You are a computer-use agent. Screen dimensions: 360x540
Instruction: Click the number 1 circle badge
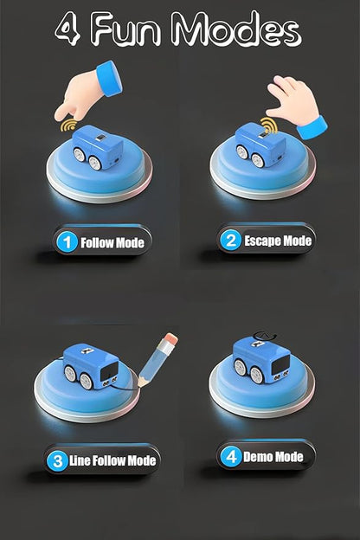pyautogui.click(x=67, y=242)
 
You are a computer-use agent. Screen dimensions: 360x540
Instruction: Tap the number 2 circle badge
pyautogui.click(x=230, y=240)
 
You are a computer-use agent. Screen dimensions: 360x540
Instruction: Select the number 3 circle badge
pyautogui.click(x=57, y=460)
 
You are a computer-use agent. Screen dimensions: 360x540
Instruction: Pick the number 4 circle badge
pyautogui.click(x=231, y=457)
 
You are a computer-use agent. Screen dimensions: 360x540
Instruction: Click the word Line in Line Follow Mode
pyautogui.click(x=80, y=460)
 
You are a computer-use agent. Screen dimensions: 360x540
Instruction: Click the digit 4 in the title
pyautogui.click(x=67, y=29)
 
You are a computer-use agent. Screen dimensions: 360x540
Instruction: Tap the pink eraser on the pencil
pyautogui.click(x=170, y=338)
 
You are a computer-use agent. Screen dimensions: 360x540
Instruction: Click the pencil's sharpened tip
pyautogui.click(x=139, y=385)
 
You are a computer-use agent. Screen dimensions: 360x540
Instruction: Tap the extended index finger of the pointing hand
pyautogui.click(x=63, y=112)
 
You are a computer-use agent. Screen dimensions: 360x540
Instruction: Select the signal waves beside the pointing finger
pyautogui.click(x=68, y=126)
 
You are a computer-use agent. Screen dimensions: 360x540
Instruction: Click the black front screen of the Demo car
pyautogui.click(x=281, y=365)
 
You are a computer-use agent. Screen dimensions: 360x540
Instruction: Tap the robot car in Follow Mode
pyautogui.click(x=97, y=147)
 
